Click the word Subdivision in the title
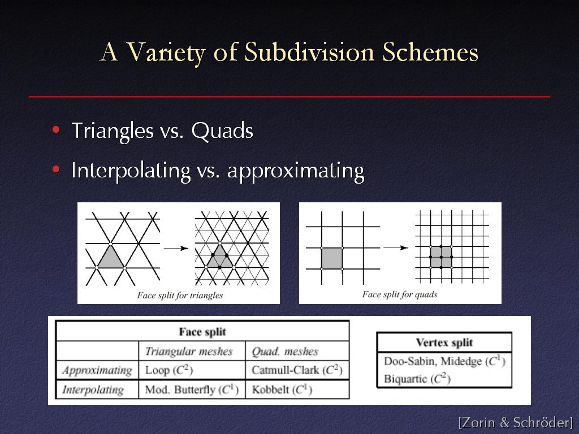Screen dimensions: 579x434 coord(309,52)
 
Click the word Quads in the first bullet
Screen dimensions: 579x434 coord(222,131)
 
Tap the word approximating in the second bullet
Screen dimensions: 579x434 coord(296,171)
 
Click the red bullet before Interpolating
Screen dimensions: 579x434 coord(56,170)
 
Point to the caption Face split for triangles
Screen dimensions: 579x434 coord(180,295)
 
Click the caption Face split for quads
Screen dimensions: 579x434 coord(400,294)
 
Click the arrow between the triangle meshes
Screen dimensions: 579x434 coord(176,249)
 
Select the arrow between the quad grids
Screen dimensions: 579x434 coord(396,248)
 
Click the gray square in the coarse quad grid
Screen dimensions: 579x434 coord(331,258)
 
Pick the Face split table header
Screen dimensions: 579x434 coord(202,332)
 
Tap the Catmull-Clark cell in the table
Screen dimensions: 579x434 coord(297,370)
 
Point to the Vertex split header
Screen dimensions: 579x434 coord(444,342)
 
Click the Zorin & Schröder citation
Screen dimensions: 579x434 coord(516,422)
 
